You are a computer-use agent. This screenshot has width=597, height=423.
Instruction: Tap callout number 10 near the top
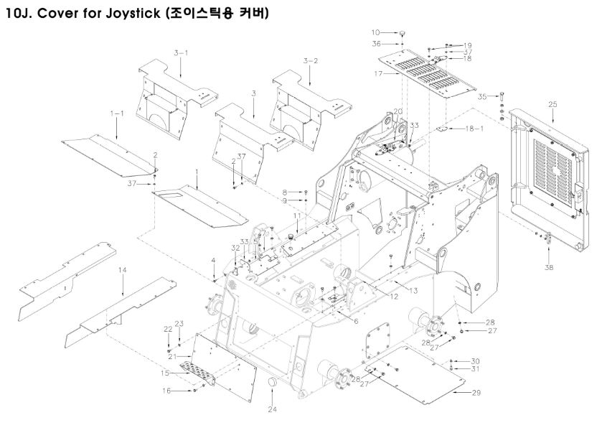pyautogui.click(x=375, y=32)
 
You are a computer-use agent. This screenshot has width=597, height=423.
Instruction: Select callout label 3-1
pyautogui.click(x=181, y=53)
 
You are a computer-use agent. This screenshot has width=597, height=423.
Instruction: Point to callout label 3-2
pyautogui.click(x=310, y=60)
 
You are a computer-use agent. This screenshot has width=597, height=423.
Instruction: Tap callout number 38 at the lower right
pyautogui.click(x=550, y=267)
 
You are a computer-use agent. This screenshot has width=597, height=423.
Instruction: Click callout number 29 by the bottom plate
pyautogui.click(x=476, y=393)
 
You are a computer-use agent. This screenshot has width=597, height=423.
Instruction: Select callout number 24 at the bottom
pyautogui.click(x=272, y=410)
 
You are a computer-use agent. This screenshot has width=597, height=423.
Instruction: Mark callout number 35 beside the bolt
pyautogui.click(x=483, y=96)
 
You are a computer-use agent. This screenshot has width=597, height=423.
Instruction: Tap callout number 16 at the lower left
pyautogui.click(x=166, y=391)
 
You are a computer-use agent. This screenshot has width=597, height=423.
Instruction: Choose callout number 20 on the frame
pyautogui.click(x=397, y=111)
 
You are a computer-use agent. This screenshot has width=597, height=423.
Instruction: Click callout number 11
pyautogui.click(x=296, y=216)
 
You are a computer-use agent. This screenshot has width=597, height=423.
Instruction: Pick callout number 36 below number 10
pyautogui.click(x=376, y=45)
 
